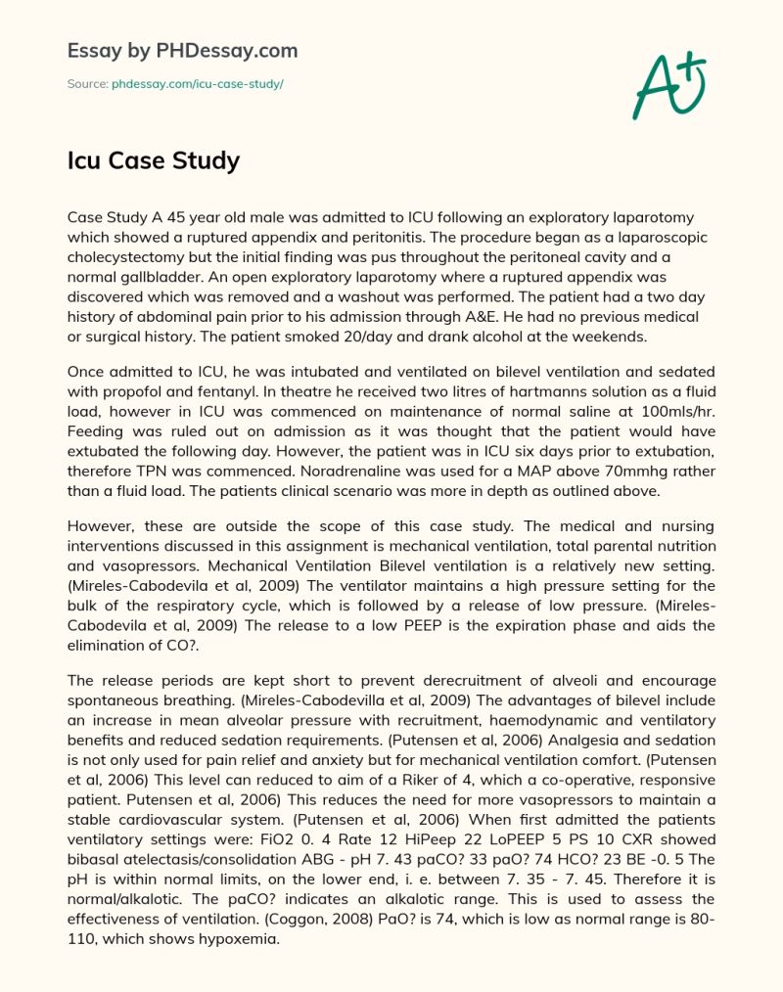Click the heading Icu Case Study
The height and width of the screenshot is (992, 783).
pos(153,159)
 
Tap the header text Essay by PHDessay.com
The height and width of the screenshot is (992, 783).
pos(182,50)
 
